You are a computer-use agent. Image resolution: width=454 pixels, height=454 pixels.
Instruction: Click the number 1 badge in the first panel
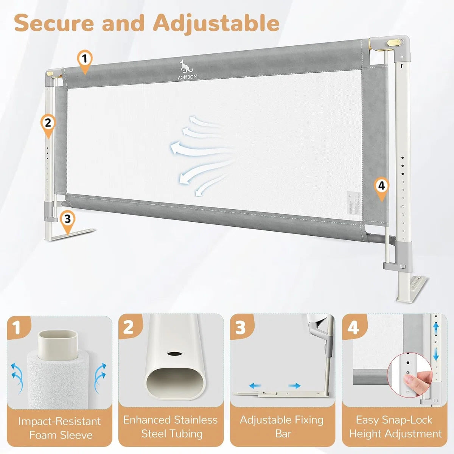click(17, 328)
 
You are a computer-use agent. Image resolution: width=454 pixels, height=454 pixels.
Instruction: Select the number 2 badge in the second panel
click(129, 327)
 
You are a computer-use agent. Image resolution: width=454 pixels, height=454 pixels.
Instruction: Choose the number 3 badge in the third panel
click(241, 328)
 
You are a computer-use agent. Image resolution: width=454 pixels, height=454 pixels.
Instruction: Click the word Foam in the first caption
click(44, 435)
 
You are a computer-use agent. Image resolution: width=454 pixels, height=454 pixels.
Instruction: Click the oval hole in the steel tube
click(174, 354)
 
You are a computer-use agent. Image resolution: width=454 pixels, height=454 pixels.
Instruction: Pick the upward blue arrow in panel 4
click(436, 327)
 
